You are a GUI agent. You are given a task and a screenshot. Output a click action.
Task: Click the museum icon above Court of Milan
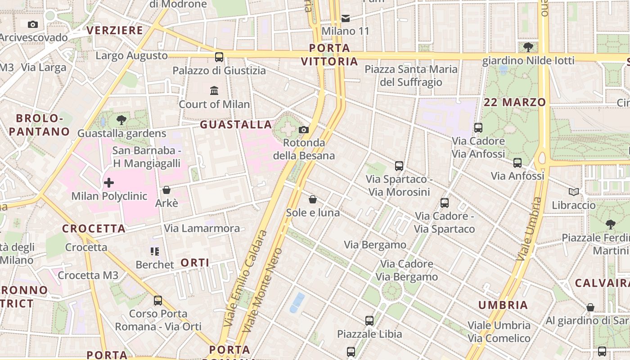[214, 90]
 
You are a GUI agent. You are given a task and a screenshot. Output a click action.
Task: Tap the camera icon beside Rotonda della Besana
[304, 130]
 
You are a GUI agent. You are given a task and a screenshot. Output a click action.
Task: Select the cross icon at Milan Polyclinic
[109, 183]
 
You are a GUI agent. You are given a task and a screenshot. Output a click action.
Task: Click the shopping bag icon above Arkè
[166, 190]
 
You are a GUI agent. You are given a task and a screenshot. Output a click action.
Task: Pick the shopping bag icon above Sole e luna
[313, 199]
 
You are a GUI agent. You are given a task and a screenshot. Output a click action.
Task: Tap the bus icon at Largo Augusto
[219, 57]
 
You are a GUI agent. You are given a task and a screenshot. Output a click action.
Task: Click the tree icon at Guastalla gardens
[121, 120]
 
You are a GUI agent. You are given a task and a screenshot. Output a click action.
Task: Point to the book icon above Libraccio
[574, 192]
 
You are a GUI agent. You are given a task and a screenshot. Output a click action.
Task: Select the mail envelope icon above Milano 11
[346, 18]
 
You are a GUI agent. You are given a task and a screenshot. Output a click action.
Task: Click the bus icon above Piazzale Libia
[369, 321]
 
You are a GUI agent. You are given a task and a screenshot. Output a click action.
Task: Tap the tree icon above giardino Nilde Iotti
[528, 47]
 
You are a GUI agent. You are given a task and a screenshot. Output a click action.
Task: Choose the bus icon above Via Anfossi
[517, 163]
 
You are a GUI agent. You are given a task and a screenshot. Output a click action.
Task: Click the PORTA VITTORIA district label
[329, 54]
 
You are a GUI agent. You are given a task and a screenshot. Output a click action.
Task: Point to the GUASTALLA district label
[236, 125]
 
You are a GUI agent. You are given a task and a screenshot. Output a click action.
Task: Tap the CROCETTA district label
[94, 229]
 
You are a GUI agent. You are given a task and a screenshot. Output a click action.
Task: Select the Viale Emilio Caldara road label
[245, 279]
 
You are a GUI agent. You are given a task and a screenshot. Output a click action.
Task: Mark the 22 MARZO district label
[515, 102]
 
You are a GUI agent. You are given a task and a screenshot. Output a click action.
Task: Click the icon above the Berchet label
[155, 251]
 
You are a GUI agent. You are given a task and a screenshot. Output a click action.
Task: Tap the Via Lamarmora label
[202, 228]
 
